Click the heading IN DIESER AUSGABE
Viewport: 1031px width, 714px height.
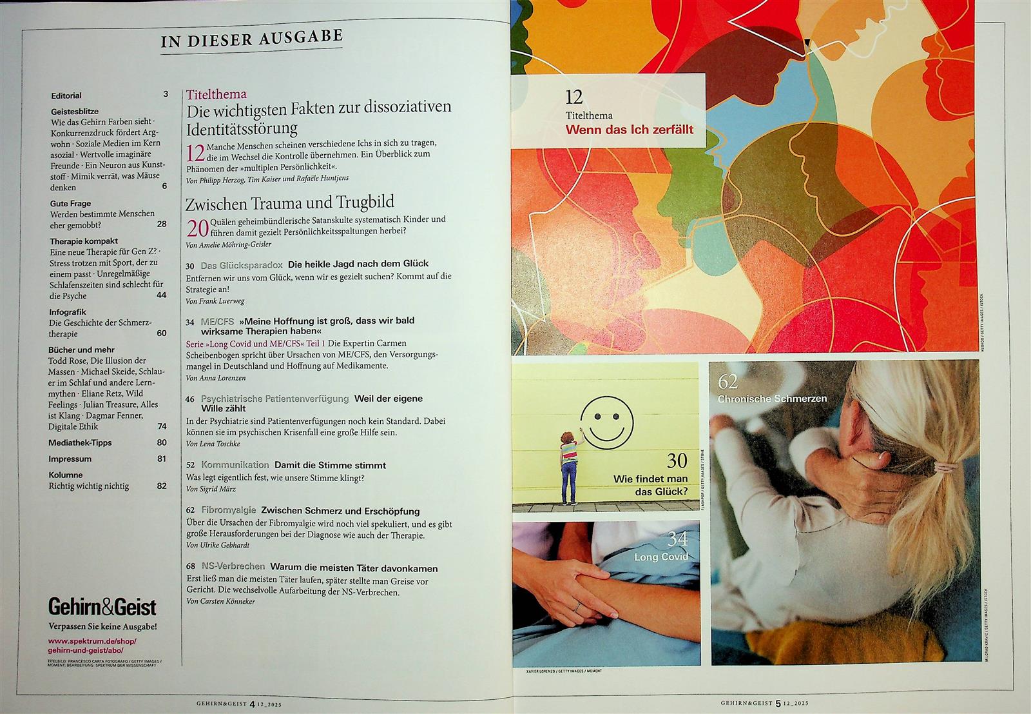click(x=252, y=38)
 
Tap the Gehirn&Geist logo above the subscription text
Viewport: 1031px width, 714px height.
click(x=102, y=607)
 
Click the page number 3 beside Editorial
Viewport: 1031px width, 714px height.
click(x=166, y=94)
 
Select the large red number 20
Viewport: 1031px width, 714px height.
click(x=197, y=228)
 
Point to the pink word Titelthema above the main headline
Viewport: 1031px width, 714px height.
click(x=217, y=94)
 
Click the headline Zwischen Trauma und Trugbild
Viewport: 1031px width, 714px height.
click(x=289, y=203)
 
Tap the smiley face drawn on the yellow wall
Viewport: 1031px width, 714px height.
click(x=607, y=423)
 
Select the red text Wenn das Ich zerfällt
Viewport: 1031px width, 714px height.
click(x=629, y=130)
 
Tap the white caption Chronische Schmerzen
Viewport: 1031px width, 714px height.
click(x=773, y=398)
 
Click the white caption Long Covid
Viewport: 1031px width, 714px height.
click(x=661, y=557)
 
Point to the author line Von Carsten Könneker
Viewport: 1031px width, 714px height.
click(x=220, y=601)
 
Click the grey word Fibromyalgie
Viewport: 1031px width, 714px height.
click(x=229, y=510)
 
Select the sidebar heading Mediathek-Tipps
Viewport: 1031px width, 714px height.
click(x=80, y=442)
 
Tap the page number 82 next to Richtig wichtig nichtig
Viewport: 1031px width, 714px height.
click(x=162, y=486)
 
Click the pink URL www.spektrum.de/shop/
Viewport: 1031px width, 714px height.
click(x=93, y=640)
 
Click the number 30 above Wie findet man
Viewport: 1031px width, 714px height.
click(x=677, y=461)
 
